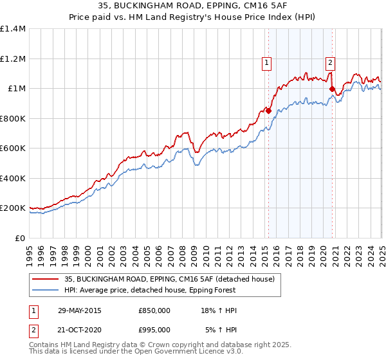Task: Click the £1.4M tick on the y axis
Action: (13, 29)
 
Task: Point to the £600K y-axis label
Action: (13, 148)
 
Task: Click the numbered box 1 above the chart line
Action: (266, 63)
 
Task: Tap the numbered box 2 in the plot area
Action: (330, 63)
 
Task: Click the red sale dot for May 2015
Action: (268, 111)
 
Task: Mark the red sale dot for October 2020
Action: (332, 89)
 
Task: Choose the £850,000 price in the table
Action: (154, 310)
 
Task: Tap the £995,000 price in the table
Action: (154, 330)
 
